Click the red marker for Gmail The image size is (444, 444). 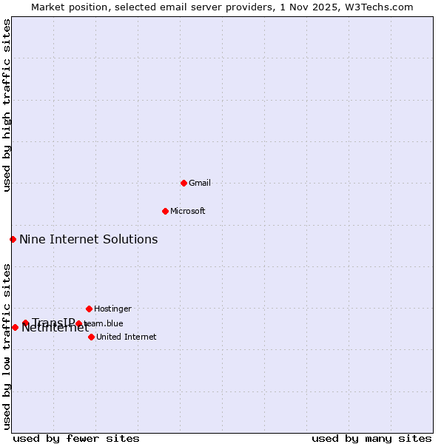[x=184, y=183]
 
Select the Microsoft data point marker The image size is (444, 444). [x=165, y=211]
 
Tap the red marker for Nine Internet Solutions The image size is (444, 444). [x=13, y=239]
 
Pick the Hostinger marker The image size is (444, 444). [x=89, y=309]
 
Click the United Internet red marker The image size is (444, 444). [x=91, y=337]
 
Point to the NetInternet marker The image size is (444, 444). [x=15, y=327]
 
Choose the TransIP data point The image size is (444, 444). [x=25, y=323]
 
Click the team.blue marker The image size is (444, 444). [x=79, y=323]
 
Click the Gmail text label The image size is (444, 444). [x=200, y=183]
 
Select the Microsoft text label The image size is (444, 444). [x=187, y=211]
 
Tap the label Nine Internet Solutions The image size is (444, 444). [x=88, y=239]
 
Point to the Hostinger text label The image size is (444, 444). [x=112, y=309]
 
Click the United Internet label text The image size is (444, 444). [x=126, y=337]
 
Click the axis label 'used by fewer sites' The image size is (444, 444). [x=76, y=438]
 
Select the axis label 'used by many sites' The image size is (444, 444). [x=371, y=438]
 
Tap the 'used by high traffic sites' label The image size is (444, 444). [x=7, y=105]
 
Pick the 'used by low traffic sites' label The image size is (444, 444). [x=7, y=346]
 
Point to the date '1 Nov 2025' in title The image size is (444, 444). [x=318, y=7]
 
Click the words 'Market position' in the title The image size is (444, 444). [x=67, y=7]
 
